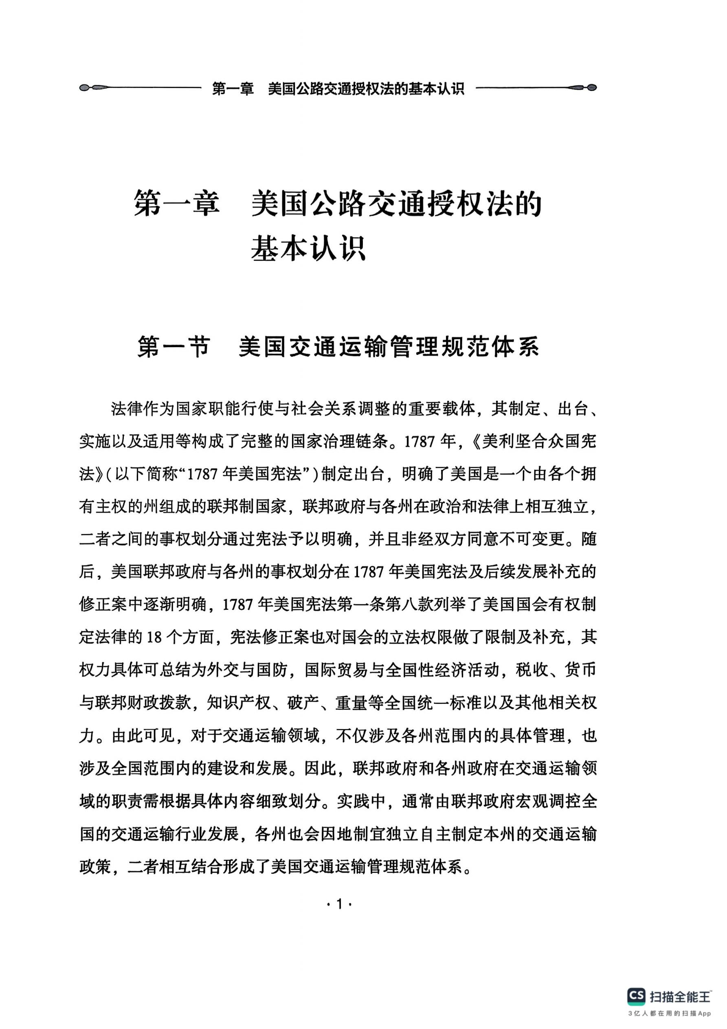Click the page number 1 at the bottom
pos(339,903)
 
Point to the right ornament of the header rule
pos(582,88)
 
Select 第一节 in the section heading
pos(174,346)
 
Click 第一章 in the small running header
pos(233,89)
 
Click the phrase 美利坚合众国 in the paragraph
pos(523,442)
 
